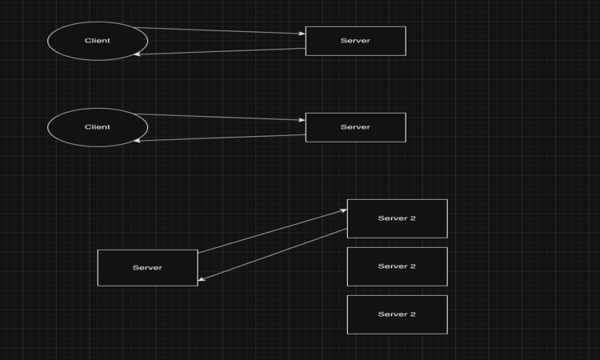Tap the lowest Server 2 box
397,314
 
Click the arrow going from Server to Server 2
272,231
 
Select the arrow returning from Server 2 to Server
272,254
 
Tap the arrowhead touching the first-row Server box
302,34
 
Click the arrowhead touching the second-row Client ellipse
138,141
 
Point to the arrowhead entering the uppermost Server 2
343,210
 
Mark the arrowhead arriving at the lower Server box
202,280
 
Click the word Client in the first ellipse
98,41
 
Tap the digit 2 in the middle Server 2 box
413,266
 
